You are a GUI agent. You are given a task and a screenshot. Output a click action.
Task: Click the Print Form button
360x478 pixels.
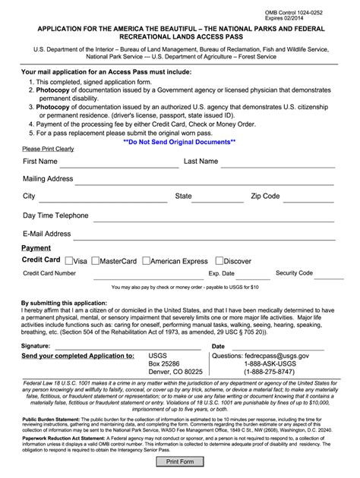(x=180, y=461)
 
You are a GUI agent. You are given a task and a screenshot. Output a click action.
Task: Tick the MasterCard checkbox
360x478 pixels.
(x=96, y=260)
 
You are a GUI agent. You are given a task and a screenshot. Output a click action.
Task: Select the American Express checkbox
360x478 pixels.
(x=146, y=260)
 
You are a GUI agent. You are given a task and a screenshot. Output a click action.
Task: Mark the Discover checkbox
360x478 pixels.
(x=218, y=260)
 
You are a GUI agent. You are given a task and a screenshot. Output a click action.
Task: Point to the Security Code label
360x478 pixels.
(x=294, y=272)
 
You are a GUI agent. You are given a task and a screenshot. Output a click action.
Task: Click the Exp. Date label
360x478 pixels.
(x=222, y=273)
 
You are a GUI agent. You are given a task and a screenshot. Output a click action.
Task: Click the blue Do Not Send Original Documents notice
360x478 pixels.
(x=179, y=141)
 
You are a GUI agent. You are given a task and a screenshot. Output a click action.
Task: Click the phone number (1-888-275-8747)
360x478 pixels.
(x=270, y=372)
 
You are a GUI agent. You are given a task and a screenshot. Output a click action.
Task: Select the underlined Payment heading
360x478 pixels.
(x=36, y=248)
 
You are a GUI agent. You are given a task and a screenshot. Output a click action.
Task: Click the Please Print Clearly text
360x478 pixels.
(x=48, y=149)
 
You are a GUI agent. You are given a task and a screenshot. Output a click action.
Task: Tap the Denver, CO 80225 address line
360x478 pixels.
(x=175, y=372)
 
